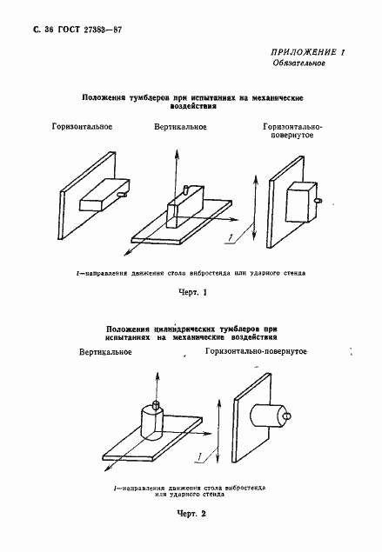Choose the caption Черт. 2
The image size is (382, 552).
tap(190, 515)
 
